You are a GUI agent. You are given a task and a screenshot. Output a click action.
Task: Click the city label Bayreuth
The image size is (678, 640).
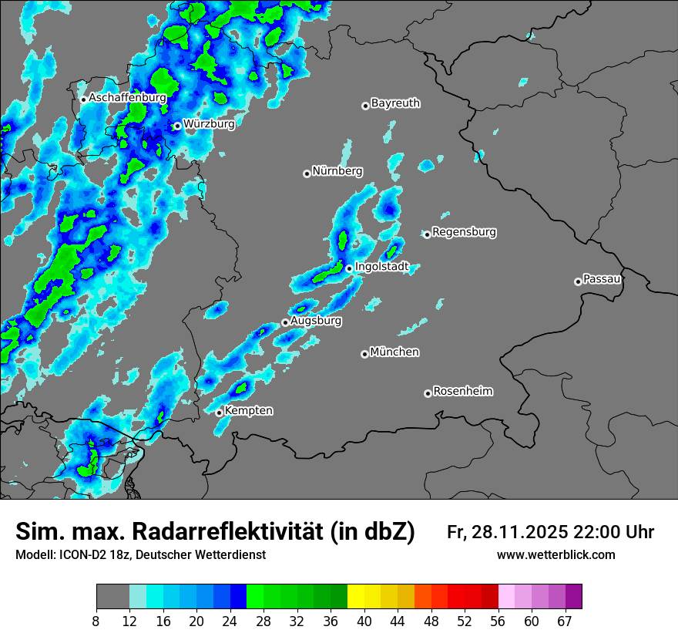click(x=395, y=103)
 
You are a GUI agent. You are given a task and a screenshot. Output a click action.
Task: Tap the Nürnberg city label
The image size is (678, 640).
click(x=337, y=171)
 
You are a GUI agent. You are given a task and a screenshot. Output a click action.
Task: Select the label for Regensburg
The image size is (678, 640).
click(x=464, y=231)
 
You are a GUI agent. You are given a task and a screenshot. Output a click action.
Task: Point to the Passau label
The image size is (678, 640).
click(x=602, y=278)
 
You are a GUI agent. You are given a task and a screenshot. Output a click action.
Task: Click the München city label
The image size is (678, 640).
click(x=394, y=352)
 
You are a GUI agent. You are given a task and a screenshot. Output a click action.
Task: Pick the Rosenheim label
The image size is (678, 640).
click(x=462, y=391)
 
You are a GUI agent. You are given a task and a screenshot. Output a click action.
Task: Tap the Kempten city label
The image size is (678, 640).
click(x=248, y=410)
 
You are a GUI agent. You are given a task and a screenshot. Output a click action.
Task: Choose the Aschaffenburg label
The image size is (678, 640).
click(x=127, y=98)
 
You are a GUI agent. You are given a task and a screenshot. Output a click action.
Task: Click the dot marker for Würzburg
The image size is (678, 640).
click(x=177, y=126)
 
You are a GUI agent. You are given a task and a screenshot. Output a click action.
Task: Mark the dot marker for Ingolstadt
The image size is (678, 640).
click(x=349, y=268)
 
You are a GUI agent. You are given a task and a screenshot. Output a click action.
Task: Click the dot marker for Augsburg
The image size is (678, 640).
click(x=285, y=322)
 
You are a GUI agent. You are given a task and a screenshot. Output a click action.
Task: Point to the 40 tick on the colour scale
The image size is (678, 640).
click(x=364, y=620)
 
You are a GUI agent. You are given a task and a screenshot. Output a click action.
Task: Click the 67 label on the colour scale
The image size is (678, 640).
click(x=565, y=620)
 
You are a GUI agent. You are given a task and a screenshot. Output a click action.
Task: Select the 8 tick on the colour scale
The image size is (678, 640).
click(x=96, y=620)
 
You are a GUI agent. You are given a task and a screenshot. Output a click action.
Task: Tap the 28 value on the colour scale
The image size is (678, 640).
click(x=263, y=620)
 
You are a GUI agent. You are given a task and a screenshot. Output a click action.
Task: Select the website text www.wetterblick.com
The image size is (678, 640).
click(x=555, y=555)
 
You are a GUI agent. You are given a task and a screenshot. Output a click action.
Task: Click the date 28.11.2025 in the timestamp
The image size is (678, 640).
click(x=522, y=532)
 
